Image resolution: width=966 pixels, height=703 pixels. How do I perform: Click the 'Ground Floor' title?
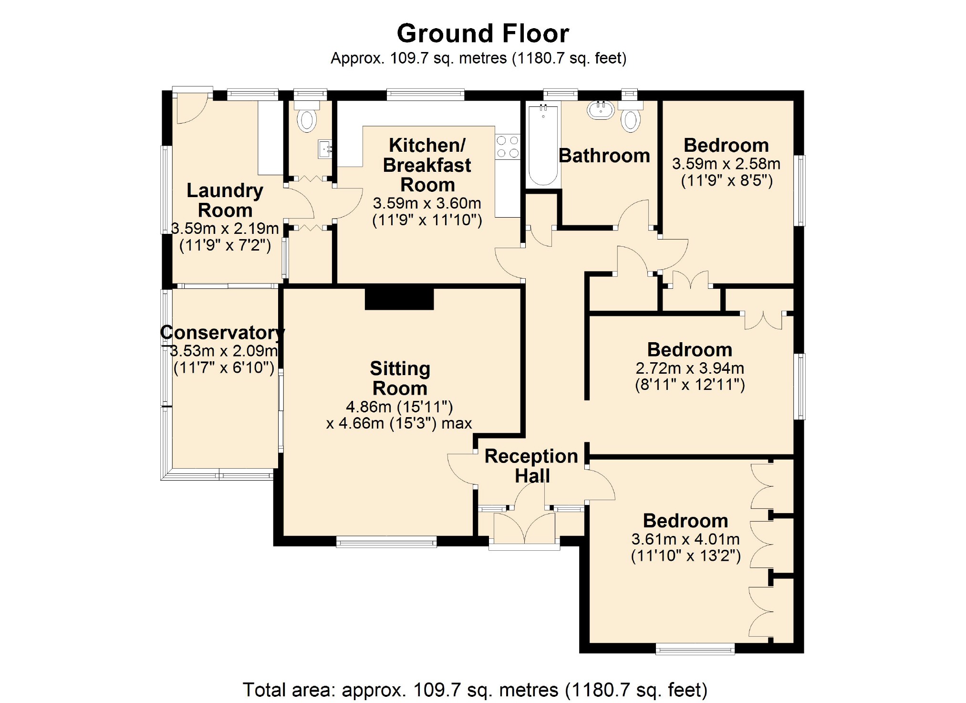coord(483,34)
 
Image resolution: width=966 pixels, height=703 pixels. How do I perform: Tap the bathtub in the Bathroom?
coord(543,146)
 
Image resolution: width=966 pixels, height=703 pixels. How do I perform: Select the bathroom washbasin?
coord(601,109)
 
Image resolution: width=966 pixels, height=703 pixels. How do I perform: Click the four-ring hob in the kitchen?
coord(507,147)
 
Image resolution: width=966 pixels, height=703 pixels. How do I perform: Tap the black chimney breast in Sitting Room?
coord(399,298)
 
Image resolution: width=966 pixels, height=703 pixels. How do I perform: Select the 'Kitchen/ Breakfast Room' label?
coord(427,165)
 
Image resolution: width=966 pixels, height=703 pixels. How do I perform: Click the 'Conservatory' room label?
coord(223,332)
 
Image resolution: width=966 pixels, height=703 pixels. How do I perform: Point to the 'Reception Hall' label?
coord(531,466)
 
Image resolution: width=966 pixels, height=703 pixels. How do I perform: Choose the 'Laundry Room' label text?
coord(225,200)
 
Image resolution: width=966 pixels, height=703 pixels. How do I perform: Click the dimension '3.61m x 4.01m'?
coord(686,539)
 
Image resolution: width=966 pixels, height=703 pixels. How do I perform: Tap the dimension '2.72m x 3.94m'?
coord(690,368)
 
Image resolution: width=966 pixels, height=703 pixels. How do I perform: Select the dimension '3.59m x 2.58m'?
coord(726,164)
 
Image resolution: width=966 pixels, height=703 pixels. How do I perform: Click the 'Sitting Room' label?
coord(400,378)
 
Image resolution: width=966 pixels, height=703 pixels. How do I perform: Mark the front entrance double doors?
coord(524,527)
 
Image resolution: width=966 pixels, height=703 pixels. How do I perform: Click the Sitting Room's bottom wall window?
coord(386,542)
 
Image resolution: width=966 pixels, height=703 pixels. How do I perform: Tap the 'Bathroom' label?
coord(604,156)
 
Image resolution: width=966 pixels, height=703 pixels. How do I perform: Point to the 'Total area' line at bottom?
coord(475,690)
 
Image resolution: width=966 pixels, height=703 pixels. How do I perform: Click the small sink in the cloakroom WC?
coord(325,149)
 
